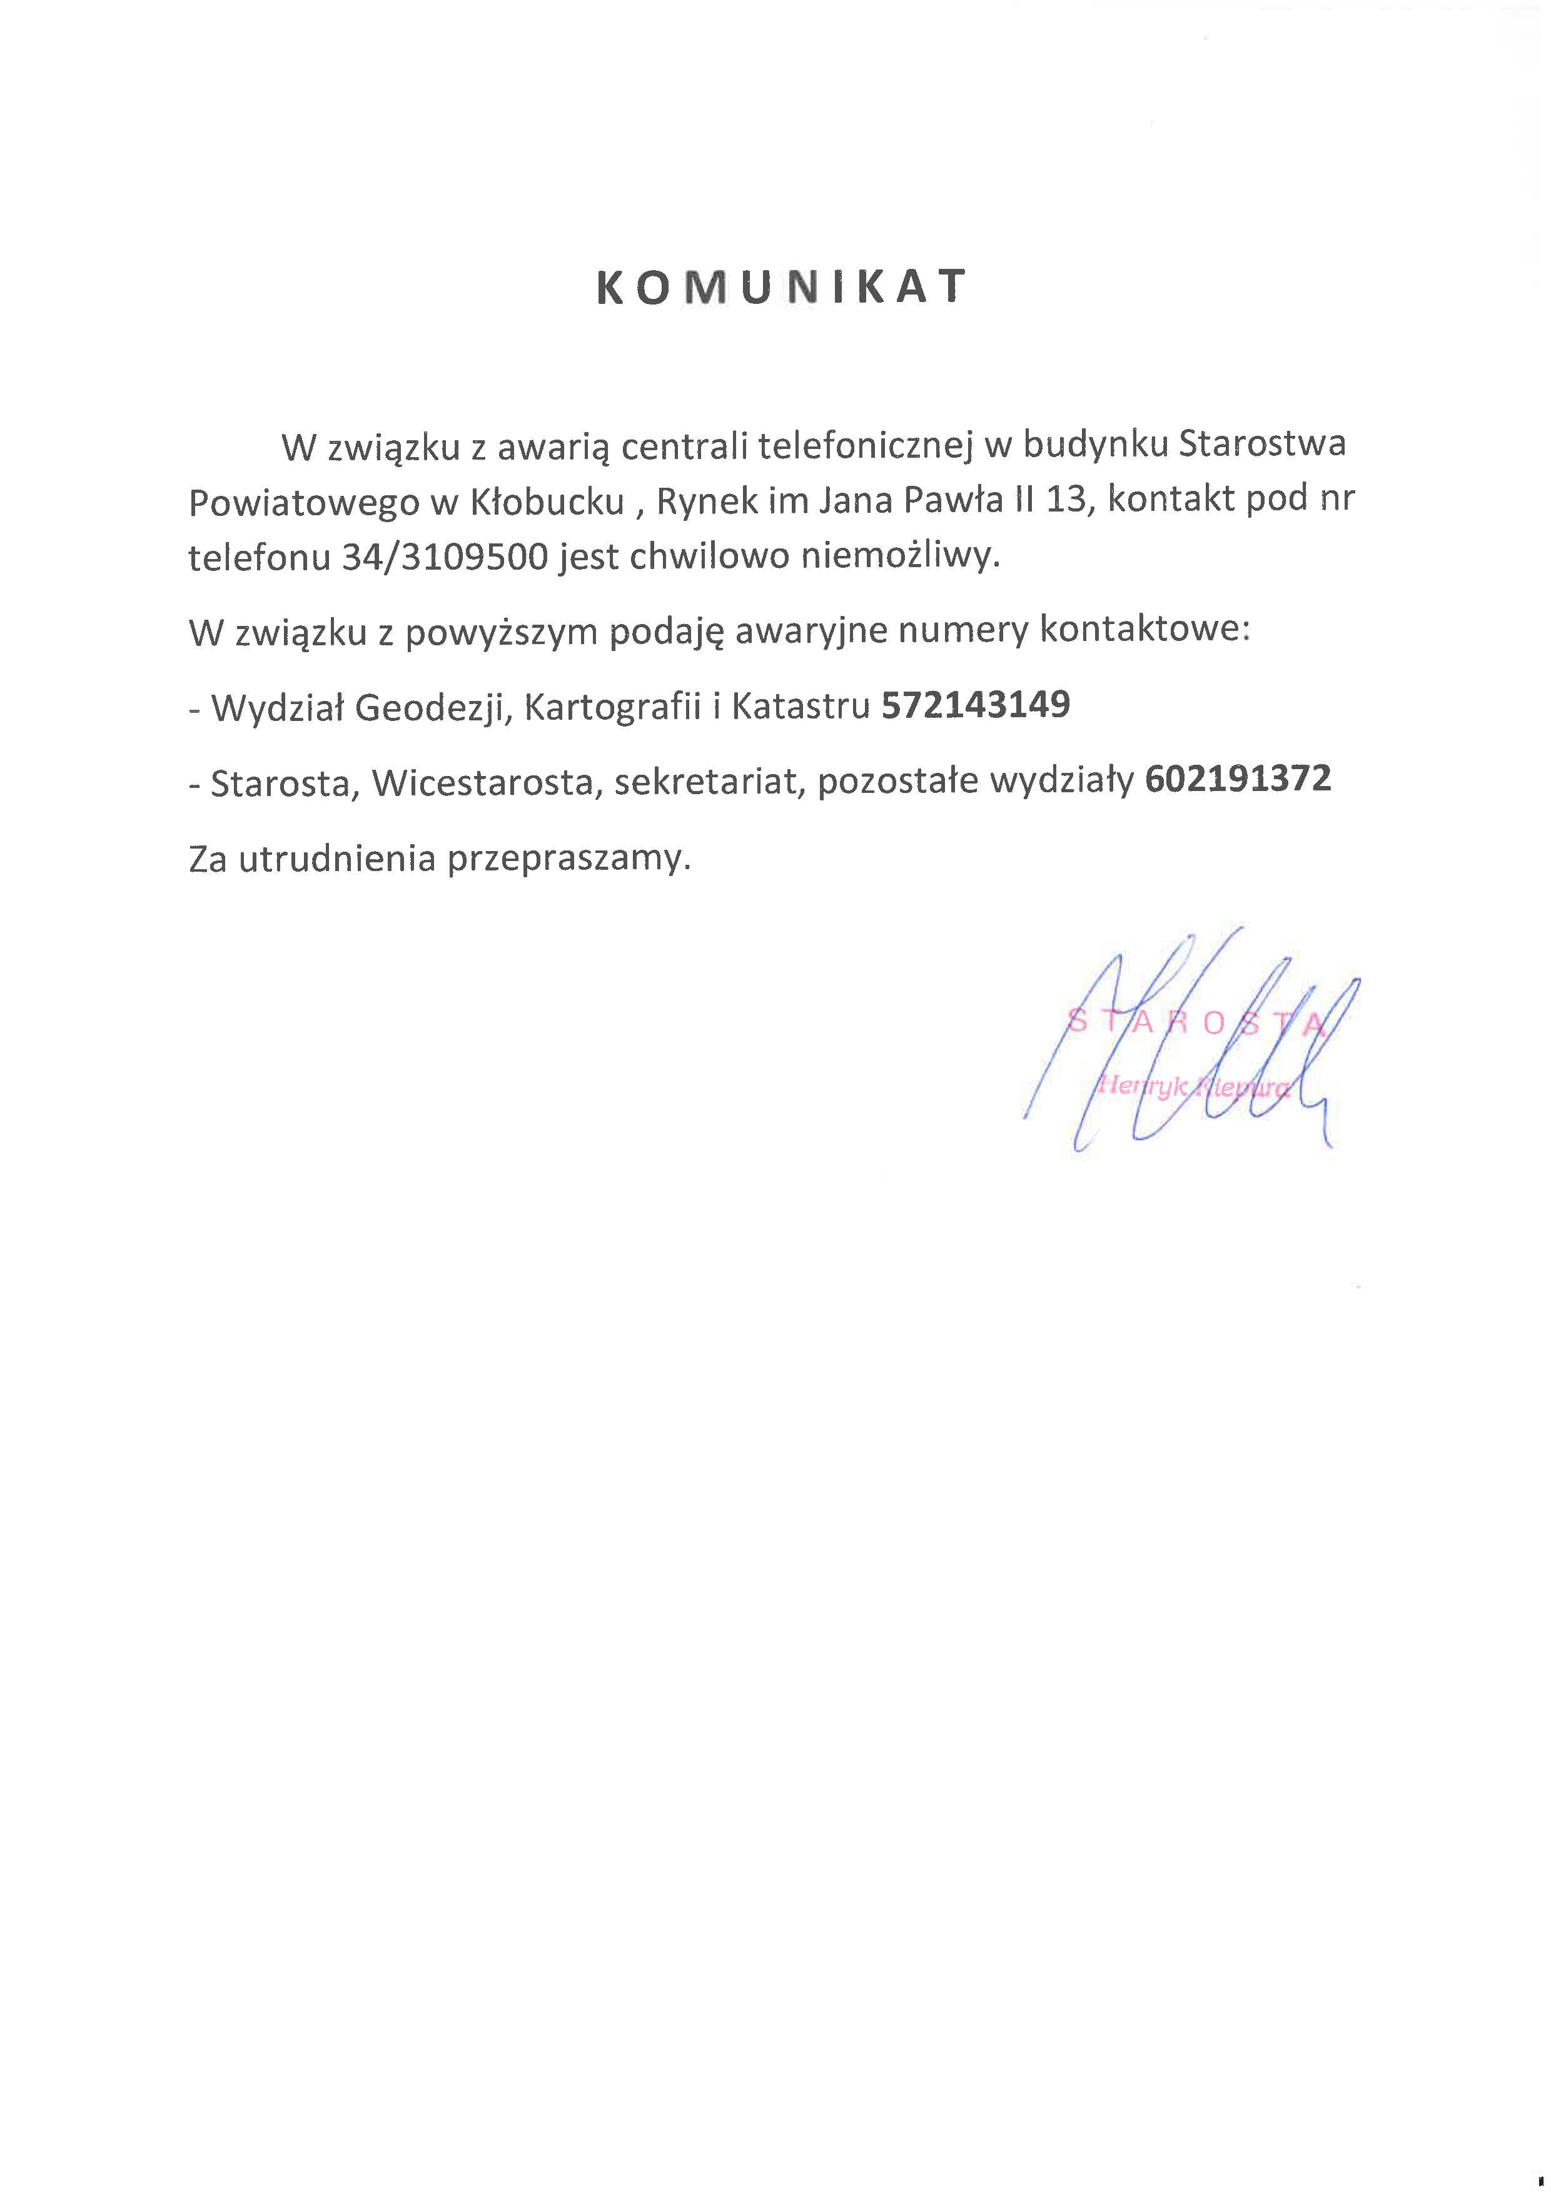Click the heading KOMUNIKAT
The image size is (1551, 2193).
(781, 286)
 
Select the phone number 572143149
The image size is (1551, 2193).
(975, 705)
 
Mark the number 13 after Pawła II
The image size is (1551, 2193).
(1068, 500)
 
